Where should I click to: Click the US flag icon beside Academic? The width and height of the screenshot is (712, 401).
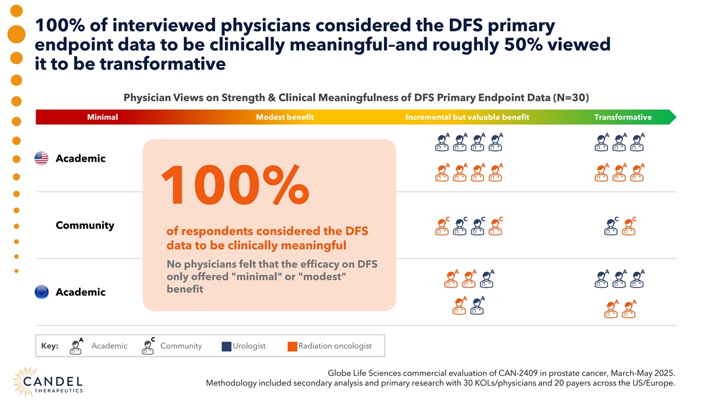click(41, 159)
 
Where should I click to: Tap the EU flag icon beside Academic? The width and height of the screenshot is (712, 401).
click(41, 292)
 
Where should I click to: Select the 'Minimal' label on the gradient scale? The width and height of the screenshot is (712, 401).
click(102, 117)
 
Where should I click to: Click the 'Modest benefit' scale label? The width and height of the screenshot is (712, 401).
click(285, 117)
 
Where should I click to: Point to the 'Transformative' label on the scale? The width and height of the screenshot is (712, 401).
click(623, 117)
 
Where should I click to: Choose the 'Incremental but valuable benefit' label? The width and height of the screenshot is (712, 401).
click(467, 117)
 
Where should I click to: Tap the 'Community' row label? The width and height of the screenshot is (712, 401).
click(85, 226)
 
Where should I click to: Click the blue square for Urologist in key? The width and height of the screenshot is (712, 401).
click(226, 346)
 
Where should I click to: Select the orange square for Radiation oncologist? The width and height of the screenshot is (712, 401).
click(291, 346)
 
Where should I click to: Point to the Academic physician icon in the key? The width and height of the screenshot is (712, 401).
click(76, 346)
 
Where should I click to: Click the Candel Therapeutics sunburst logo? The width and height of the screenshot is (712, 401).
click(24, 380)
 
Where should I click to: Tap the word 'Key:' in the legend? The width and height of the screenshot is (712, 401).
click(50, 346)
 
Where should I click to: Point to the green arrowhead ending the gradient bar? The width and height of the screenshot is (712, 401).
click(671, 117)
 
